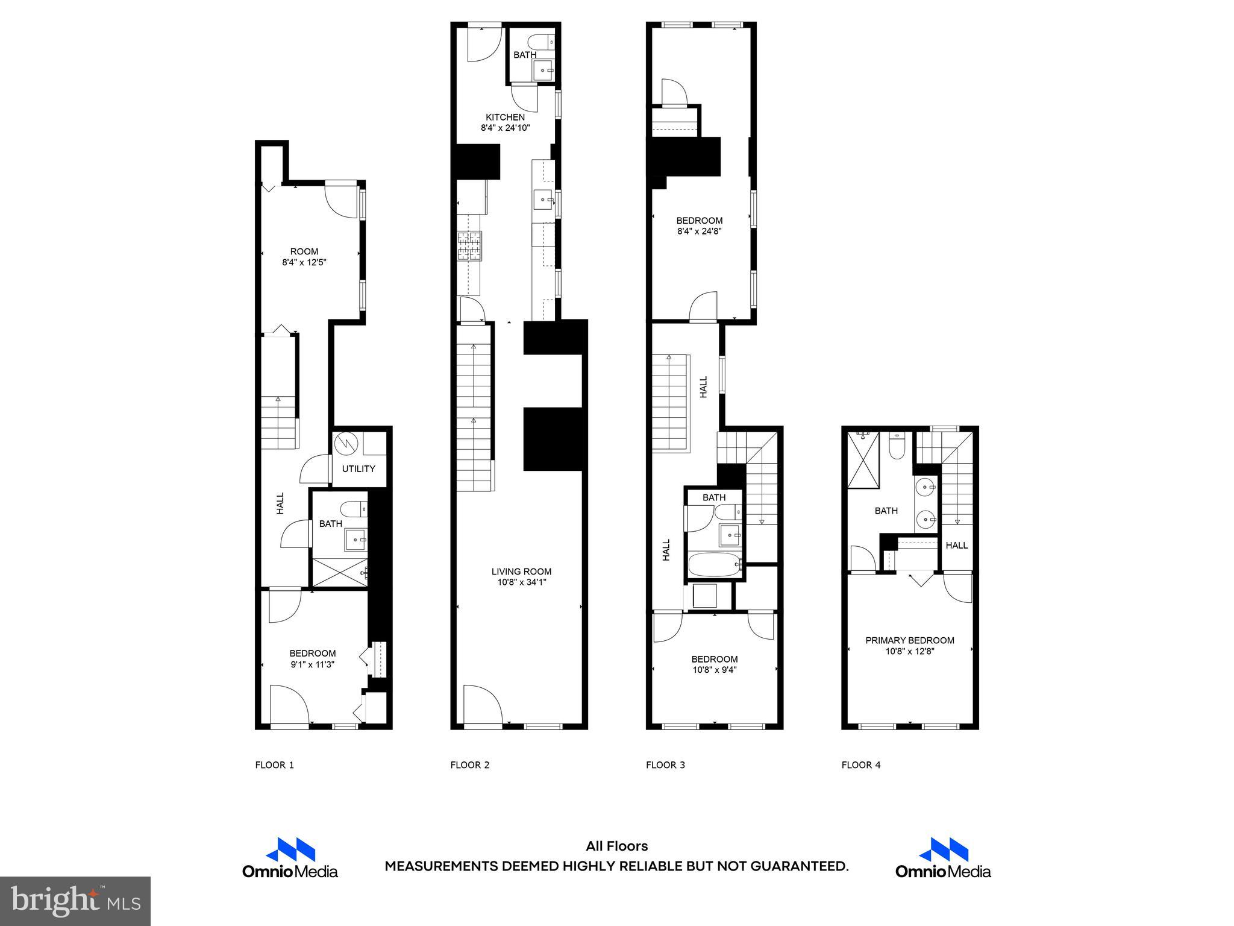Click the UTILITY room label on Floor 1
point(359,468)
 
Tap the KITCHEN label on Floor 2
point(505,117)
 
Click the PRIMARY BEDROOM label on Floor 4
point(910,640)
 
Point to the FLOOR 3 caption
point(665,765)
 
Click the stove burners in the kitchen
point(470,246)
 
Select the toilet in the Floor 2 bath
point(539,42)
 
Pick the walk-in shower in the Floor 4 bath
point(863,460)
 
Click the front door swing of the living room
point(481,704)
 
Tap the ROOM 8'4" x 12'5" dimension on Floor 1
point(304,262)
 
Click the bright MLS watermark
point(75,901)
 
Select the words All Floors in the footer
point(616,846)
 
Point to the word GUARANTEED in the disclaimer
point(798,866)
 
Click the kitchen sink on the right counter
point(544,198)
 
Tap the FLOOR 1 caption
point(274,765)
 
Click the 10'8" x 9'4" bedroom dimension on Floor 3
point(714,669)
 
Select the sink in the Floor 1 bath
point(355,540)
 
